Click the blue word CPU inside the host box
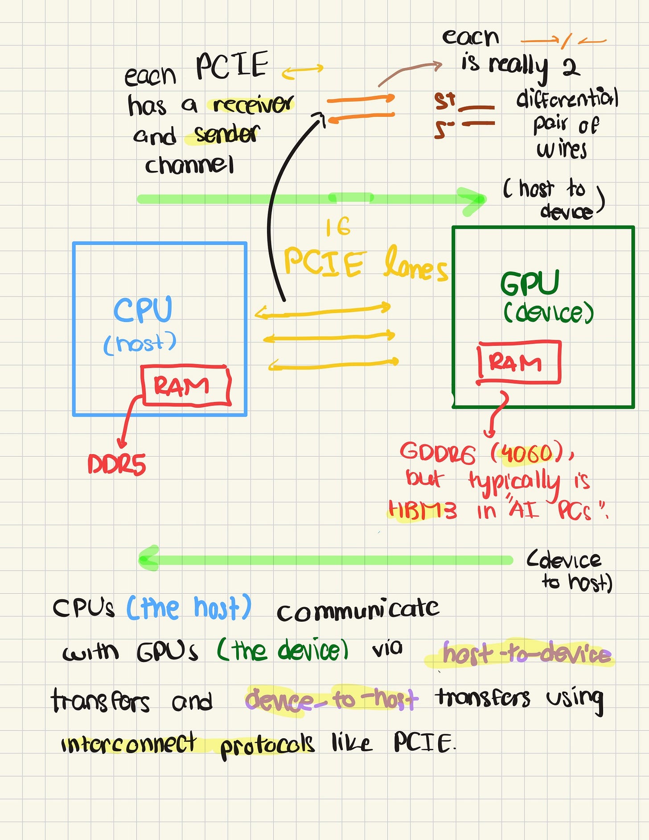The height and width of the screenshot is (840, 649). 143,310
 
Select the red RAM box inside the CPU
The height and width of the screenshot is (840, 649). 185,385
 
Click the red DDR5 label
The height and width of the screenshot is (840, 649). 117,465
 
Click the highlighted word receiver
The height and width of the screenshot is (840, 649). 252,104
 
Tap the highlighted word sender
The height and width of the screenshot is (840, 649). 226,134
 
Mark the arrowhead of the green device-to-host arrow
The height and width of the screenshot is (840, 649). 148,559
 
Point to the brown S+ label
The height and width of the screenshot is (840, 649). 445,101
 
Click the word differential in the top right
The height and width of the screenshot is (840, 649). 567,98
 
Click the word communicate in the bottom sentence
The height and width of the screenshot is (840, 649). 357,610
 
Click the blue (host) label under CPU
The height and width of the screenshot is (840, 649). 140,343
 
